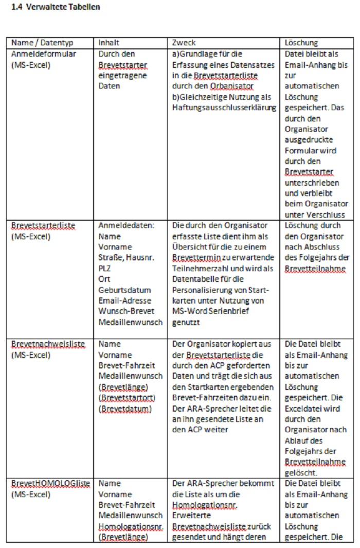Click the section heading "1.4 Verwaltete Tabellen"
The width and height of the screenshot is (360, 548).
coord(56,7)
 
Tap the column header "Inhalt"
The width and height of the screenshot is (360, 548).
coord(109,43)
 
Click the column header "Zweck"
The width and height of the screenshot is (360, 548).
coord(184,43)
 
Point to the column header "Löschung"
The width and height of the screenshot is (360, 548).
coord(301,43)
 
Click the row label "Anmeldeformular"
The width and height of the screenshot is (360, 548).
coord(44,54)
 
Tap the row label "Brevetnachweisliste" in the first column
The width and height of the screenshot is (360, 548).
coord(48,344)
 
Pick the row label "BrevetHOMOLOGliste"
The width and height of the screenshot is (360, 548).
coord(50,483)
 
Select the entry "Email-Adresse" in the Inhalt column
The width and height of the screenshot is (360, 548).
coord(125,301)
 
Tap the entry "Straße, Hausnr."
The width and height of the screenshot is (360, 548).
coord(126,258)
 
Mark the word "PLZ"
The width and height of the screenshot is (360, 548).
coord(104,269)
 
